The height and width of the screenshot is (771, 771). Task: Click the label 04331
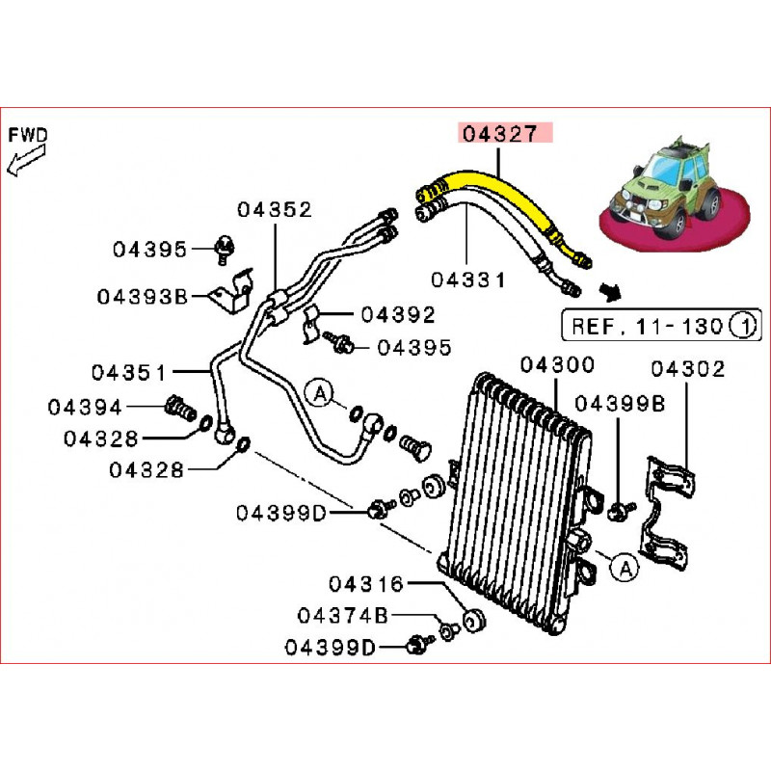(x=468, y=280)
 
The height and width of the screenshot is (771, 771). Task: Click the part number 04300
(x=557, y=366)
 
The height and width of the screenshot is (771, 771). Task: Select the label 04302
(x=688, y=368)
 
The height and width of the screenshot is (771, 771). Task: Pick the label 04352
(x=276, y=209)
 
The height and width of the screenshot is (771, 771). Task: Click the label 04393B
(x=141, y=296)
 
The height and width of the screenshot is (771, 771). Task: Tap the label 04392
(x=398, y=314)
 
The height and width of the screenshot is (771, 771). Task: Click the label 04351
(x=129, y=371)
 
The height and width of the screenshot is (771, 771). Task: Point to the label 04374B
(x=342, y=615)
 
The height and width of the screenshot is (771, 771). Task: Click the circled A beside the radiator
(x=624, y=571)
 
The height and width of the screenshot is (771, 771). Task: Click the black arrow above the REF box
(x=608, y=289)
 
